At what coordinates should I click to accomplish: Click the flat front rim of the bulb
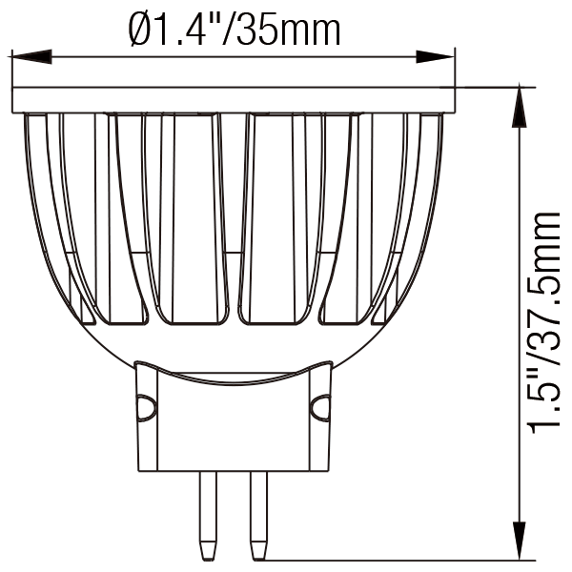point(235,99)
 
